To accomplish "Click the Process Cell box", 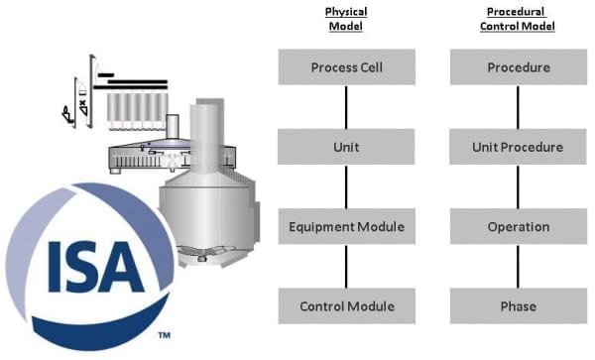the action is (346, 66).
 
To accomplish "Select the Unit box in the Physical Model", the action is (346, 147).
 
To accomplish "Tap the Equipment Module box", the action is (346, 226).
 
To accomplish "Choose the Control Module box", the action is (346, 305).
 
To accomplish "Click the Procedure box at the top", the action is (519, 66).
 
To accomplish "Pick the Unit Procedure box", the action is (518, 147).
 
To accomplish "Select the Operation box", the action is (519, 226).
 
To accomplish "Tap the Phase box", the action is (519, 305).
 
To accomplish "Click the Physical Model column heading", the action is (346, 19).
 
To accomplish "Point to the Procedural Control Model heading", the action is (518, 19).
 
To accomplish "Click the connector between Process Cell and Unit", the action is (346, 107).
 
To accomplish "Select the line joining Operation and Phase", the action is (518, 267).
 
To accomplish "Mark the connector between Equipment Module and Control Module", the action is (346, 267).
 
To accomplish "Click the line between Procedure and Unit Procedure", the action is (518, 107).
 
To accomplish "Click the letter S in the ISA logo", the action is (81, 267).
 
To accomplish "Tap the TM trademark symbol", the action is (164, 335).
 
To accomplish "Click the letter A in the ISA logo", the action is (121, 267).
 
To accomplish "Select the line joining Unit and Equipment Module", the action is (346, 186).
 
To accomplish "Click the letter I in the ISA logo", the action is (55, 267).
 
